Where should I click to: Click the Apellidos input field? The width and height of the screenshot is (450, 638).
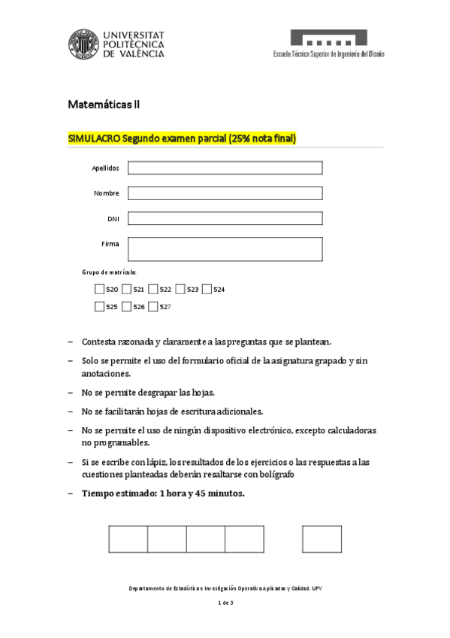tap(225, 168)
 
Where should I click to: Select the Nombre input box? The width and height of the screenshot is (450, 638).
tap(225, 193)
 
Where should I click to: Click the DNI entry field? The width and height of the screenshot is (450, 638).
tap(225, 218)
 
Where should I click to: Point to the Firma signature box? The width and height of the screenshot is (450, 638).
tap(225, 248)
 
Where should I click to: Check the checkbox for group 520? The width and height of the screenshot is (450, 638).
tap(99, 289)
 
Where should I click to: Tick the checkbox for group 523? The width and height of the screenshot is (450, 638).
tap(180, 289)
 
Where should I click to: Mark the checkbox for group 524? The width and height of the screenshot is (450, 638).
tap(207, 289)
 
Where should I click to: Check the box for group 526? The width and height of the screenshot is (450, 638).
tap(126, 306)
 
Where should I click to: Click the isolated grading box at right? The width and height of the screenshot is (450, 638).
tap(322, 539)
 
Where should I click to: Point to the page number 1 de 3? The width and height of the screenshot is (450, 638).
tap(225, 603)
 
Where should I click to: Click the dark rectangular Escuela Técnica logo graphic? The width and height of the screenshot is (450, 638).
tap(329, 38)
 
